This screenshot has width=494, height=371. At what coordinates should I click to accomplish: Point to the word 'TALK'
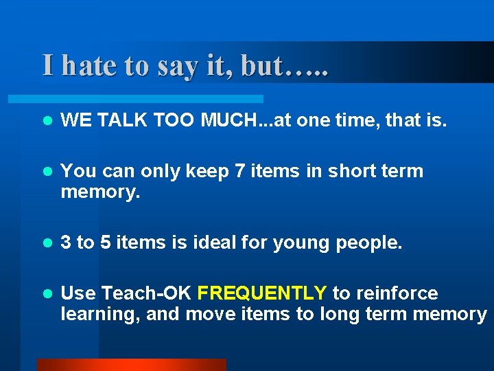click(123, 122)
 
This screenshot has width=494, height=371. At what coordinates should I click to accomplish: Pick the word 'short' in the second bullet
click(353, 171)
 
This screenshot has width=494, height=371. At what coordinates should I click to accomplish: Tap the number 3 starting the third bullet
click(66, 243)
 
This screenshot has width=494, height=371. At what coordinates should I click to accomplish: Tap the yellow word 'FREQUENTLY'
click(261, 293)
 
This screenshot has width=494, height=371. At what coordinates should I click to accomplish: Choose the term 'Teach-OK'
click(146, 293)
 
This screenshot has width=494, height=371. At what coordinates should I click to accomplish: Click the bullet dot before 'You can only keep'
click(46, 172)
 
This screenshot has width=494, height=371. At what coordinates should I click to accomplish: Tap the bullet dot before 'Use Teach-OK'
click(46, 294)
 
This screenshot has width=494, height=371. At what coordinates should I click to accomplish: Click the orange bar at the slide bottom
click(131, 365)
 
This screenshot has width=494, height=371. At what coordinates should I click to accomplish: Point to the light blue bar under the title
click(151, 99)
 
